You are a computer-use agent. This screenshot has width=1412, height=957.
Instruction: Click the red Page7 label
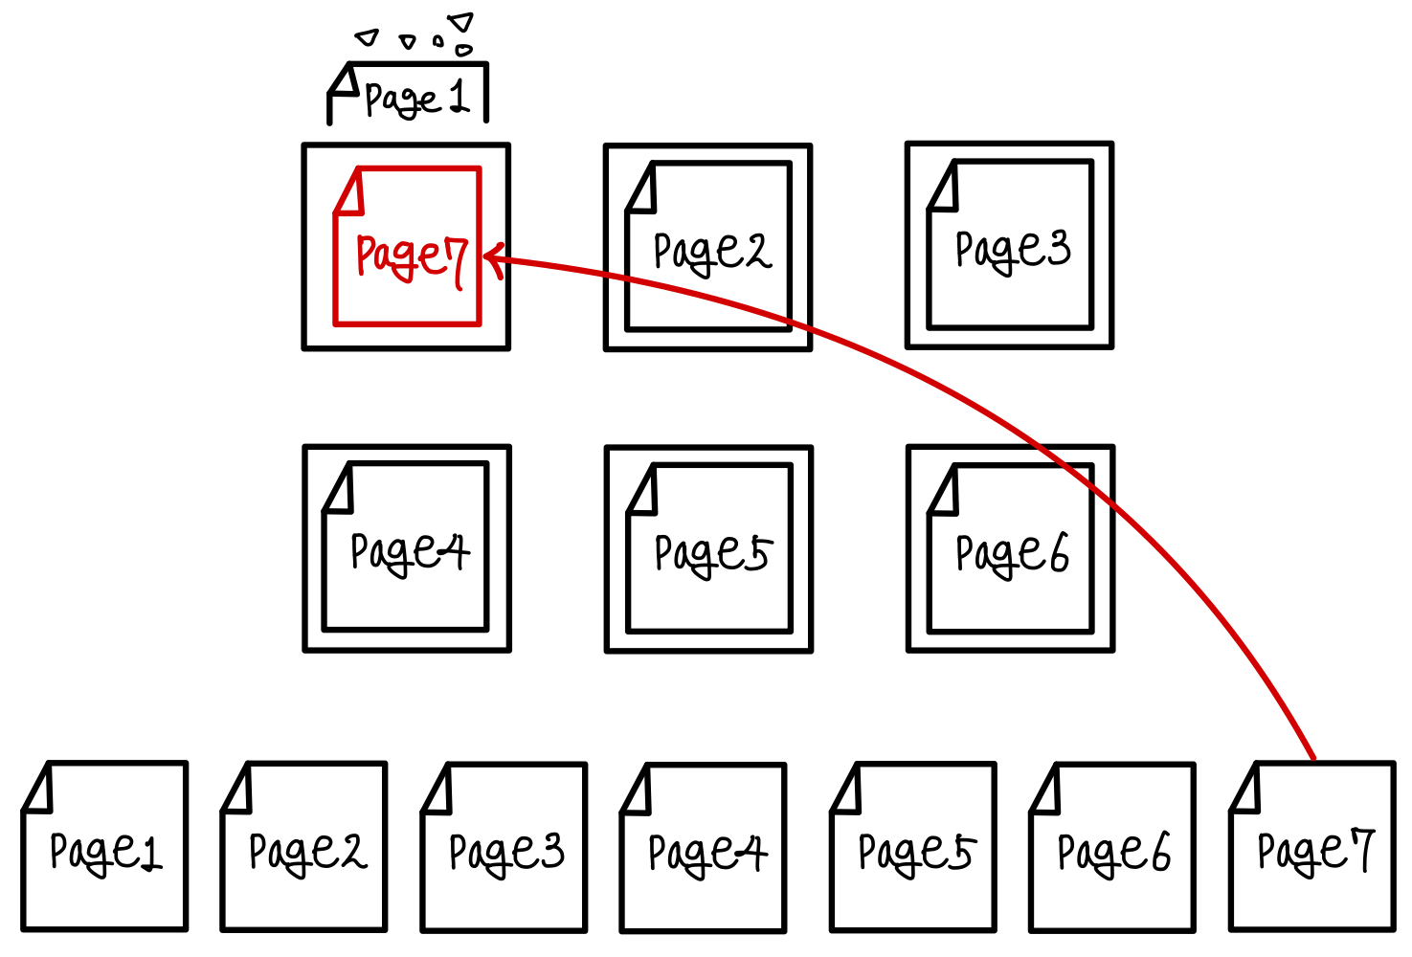coord(410,256)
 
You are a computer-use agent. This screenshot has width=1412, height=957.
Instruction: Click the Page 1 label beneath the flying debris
coord(416,99)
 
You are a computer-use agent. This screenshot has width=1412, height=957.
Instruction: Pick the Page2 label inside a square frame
coord(711,253)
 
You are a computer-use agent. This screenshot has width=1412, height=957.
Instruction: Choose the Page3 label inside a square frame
coord(1013,251)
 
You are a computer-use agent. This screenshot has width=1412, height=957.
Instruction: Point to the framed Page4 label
coord(410,553)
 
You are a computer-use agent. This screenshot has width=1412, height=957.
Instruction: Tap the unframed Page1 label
coord(105,852)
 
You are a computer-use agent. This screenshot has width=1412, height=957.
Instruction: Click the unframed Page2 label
coord(306,852)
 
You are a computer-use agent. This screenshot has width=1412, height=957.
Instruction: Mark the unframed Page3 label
coord(506,852)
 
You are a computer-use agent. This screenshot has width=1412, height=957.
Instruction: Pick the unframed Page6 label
coord(1113,853)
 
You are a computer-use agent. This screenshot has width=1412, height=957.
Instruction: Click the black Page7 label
coord(1315,852)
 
